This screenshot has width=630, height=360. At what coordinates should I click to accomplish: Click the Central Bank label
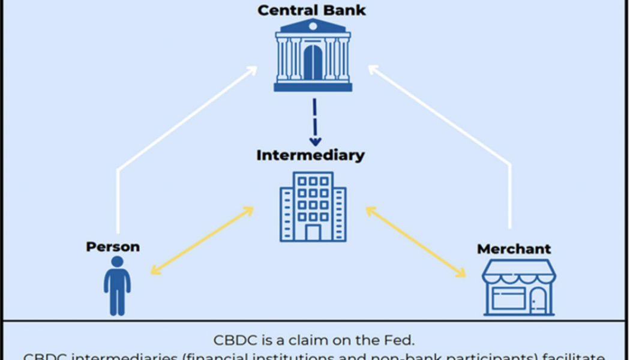point(311,10)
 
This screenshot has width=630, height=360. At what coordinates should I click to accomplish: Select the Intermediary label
point(310,155)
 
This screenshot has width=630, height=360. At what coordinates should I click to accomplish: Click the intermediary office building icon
point(313,206)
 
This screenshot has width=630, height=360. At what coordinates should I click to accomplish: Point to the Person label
point(113,247)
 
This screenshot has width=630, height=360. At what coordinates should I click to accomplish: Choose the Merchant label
point(514,248)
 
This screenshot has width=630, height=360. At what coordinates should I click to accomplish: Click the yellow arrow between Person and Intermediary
point(202,241)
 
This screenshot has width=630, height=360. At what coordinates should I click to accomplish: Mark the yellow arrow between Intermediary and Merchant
point(415,242)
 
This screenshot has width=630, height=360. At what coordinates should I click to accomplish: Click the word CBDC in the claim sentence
point(232,340)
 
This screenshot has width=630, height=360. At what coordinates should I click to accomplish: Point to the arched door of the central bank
point(313,62)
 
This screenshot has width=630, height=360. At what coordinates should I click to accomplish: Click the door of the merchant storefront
point(538,300)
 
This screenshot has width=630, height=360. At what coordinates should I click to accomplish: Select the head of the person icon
point(117,262)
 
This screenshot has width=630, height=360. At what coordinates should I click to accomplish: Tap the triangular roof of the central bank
point(312,26)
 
